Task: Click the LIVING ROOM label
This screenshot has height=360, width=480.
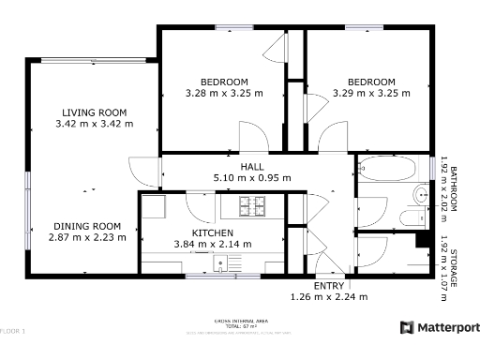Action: tap(95, 111)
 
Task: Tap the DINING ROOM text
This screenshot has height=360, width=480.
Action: tap(87, 226)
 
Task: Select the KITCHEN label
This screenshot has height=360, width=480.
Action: tap(213, 232)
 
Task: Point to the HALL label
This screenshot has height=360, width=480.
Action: tap(252, 166)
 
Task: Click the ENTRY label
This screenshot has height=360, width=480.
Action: tap(328, 286)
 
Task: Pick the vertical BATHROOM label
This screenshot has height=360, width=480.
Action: tap(453, 187)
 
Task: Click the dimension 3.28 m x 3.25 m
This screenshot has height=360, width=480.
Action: tap(224, 93)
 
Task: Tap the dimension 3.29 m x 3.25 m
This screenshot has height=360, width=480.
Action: tap(371, 93)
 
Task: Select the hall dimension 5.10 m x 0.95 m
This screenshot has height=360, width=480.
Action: tap(252, 177)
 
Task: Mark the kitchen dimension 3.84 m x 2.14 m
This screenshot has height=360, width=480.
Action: tap(213, 244)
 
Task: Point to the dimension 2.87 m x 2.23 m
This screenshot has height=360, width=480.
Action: tap(87, 237)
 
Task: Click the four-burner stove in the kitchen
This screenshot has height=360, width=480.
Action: tap(251, 205)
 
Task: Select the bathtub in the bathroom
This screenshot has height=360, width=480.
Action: tap(389, 170)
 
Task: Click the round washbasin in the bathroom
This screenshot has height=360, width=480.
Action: tap(421, 195)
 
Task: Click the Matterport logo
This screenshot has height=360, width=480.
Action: tap(440, 327)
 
